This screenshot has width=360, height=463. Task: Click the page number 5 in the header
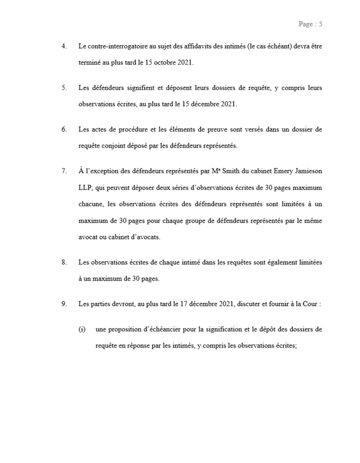pos(320,24)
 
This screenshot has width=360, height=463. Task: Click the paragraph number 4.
pos(63,46)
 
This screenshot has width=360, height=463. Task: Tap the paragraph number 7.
pos(63,171)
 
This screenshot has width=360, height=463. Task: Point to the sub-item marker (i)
pos(82,330)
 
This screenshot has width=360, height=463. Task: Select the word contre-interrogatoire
pos(112,46)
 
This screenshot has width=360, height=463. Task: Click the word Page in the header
pos(305,24)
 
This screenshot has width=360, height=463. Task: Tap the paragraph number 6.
pos(63,129)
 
